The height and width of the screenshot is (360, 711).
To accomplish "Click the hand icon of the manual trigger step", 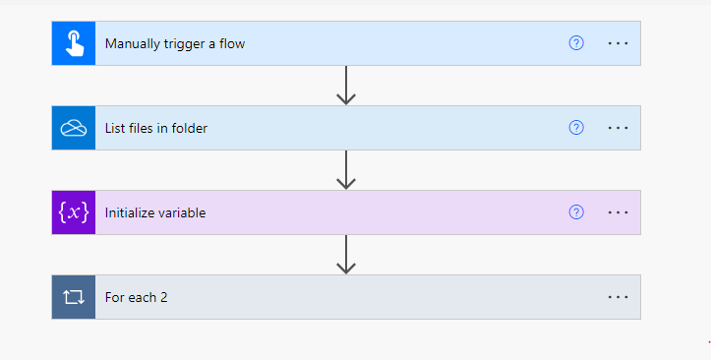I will (x=74, y=43).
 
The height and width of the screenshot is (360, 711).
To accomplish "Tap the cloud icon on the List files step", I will (x=74, y=128).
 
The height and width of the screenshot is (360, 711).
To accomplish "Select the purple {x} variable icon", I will (x=74, y=212).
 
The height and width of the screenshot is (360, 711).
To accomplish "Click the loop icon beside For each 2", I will (x=74, y=297).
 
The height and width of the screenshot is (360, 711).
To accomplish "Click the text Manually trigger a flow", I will (x=175, y=43).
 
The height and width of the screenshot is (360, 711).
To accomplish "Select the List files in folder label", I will (x=156, y=128).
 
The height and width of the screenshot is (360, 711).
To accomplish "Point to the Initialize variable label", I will (x=155, y=212).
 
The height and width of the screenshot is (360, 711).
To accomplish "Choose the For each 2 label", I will (x=137, y=297).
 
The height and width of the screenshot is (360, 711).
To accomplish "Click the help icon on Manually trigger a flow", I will (x=576, y=43).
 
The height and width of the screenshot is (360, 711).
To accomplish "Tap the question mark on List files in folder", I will (x=576, y=128).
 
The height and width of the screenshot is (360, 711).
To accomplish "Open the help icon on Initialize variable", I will (x=576, y=212).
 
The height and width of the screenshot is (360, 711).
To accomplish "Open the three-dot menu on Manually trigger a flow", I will (x=618, y=43).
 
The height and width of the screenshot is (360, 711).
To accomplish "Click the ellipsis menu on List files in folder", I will (x=618, y=128).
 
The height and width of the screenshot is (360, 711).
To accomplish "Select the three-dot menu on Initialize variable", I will (x=618, y=212).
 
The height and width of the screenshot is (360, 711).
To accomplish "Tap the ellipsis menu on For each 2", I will (x=618, y=297).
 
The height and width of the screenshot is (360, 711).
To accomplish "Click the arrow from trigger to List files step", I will (x=345, y=86).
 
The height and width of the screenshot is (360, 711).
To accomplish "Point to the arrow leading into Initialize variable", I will (x=345, y=170).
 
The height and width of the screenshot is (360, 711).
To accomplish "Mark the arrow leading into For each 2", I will (x=345, y=255).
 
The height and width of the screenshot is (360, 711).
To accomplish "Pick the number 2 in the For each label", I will (x=163, y=297).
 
